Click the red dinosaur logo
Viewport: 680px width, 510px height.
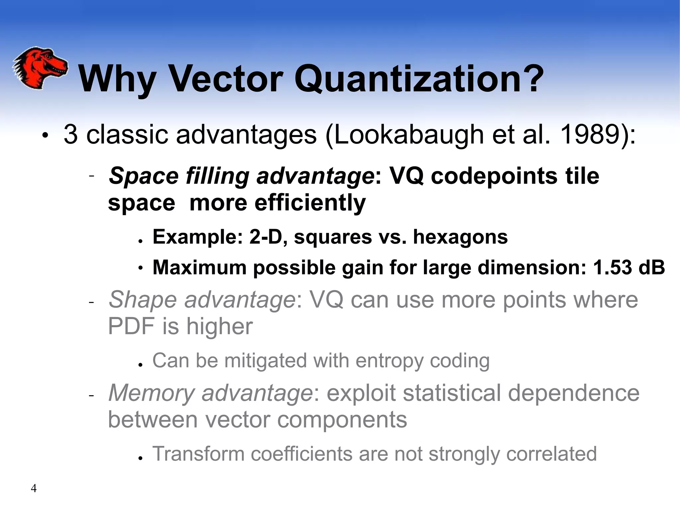pos(40,68)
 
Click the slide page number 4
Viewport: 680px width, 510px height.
pos(34,488)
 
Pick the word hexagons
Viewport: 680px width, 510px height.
pos(460,237)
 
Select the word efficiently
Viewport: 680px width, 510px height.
pos(310,203)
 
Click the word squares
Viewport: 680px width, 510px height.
pos(333,237)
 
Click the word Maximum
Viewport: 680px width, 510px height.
pos(199,267)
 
